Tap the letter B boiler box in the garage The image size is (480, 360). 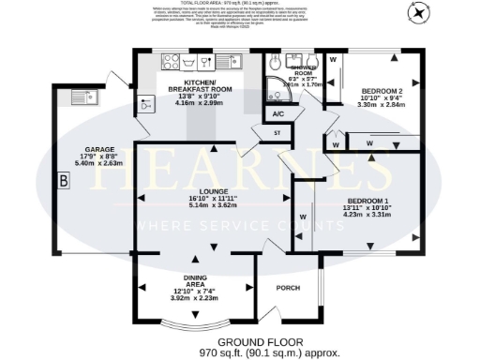[64, 181]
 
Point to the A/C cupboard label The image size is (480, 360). [278, 114]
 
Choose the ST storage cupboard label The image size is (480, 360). [277, 135]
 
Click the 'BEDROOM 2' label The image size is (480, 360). [382, 93]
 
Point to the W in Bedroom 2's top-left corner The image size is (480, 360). [334, 60]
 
